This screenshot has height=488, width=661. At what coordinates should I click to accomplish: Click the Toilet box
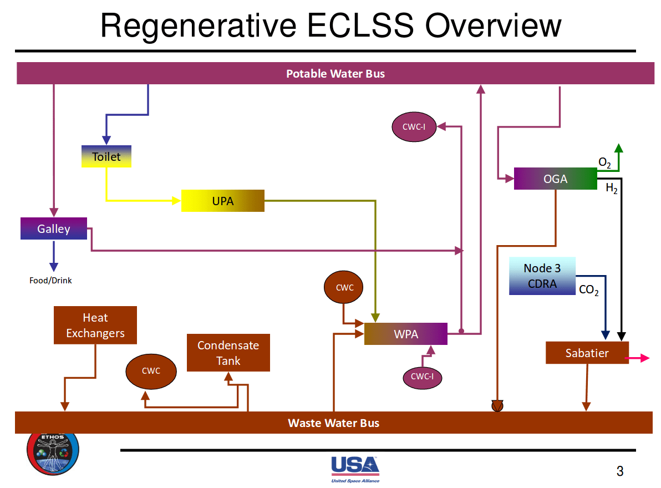point(106,156)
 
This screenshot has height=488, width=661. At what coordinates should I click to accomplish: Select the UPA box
point(222,201)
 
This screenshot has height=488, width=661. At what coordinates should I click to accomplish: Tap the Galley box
point(54,228)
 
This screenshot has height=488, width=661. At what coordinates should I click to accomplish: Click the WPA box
point(405,334)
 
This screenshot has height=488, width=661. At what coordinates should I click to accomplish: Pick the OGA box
point(555,179)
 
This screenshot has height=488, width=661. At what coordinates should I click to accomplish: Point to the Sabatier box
point(587,353)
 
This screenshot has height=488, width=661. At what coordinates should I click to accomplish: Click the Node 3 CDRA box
point(542,276)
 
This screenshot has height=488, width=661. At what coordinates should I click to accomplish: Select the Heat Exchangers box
point(95,325)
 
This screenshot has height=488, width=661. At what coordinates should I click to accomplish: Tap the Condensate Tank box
point(228,353)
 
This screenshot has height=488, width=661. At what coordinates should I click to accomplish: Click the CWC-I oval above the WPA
point(414,127)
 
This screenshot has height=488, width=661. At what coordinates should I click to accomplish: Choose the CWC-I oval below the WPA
point(422,377)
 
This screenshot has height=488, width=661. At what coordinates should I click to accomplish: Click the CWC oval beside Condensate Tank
point(151,371)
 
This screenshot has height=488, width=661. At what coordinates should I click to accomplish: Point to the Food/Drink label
point(50,281)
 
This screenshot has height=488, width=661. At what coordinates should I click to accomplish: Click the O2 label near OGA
point(605,162)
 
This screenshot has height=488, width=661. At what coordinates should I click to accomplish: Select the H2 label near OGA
point(612,189)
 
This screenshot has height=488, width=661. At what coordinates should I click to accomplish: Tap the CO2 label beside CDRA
point(588,289)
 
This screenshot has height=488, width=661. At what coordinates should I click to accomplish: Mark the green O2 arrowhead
point(619,148)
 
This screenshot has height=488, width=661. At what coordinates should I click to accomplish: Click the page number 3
point(620,471)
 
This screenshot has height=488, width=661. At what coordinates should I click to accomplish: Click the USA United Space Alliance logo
point(355,469)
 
